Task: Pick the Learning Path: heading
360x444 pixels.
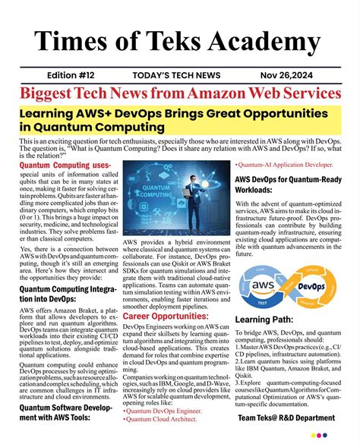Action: pos(267,320)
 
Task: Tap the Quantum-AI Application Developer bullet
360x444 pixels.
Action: pos(285,164)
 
